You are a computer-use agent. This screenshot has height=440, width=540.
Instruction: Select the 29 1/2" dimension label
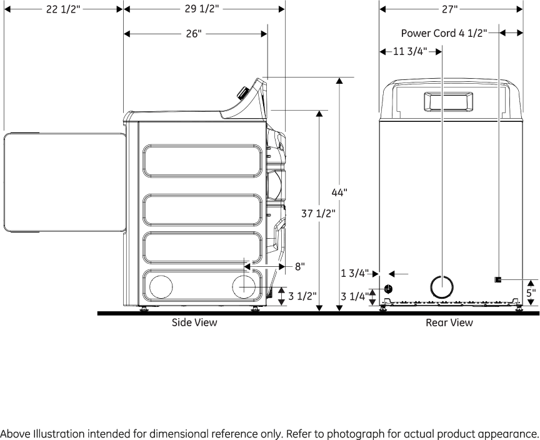pos(201,10)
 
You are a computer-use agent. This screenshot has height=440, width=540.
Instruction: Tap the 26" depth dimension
pos(194,34)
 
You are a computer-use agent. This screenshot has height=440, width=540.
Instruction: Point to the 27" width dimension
pos(450,10)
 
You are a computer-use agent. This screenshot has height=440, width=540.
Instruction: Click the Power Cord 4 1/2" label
pos(443,34)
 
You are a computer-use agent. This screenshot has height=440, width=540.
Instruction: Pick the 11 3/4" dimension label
pos(409,52)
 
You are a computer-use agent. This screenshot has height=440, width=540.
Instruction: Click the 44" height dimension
pos(339,192)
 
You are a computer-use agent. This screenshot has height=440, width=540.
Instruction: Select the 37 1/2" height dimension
pos(319,213)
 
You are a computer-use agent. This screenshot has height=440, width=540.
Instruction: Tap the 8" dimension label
pos(300,267)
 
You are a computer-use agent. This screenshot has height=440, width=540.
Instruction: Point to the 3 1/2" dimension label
pos(302,296)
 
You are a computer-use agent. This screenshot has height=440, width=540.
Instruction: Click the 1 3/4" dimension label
pos(355,273)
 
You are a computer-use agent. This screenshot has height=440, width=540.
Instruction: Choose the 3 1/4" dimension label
pos(355,296)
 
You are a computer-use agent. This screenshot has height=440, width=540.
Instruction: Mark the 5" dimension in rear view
pos(531,292)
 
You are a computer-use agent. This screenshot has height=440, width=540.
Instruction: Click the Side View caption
pos(194,322)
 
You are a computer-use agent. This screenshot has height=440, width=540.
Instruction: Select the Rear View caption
pos(449,322)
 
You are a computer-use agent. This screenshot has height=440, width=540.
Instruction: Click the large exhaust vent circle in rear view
pos(442,286)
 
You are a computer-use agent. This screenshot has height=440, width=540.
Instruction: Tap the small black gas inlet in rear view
pos(388,289)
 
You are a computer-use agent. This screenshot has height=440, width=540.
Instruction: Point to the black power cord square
pos(498,279)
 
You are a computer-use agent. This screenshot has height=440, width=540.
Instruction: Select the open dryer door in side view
pos(62,182)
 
